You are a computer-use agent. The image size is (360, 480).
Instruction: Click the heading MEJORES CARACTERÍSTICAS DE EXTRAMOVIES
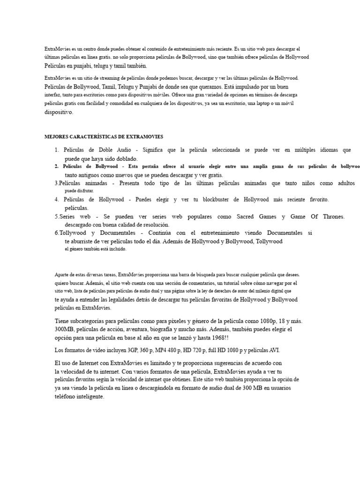tap(104, 137)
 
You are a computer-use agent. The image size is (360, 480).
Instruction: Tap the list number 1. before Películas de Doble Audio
tap(56, 150)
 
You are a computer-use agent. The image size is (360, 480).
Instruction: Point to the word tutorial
tap(240, 283)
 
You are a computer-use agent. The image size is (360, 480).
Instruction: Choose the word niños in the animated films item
tap(307, 183)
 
